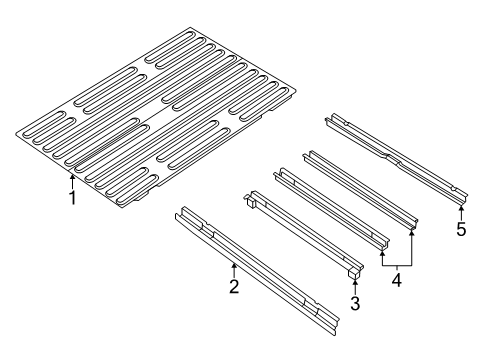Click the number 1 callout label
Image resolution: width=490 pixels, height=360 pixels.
(x=71, y=197)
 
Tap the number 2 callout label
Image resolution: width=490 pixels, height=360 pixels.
(x=233, y=288)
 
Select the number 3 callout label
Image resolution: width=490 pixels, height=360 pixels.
(x=355, y=302)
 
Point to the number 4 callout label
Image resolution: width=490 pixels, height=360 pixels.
(x=398, y=281)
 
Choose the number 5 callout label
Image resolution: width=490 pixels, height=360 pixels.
(x=461, y=229)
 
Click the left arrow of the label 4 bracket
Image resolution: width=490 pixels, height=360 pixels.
(x=383, y=255)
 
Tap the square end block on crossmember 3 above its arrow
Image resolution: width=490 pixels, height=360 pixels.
(x=355, y=271)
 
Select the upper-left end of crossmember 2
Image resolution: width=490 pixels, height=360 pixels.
(x=181, y=214)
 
